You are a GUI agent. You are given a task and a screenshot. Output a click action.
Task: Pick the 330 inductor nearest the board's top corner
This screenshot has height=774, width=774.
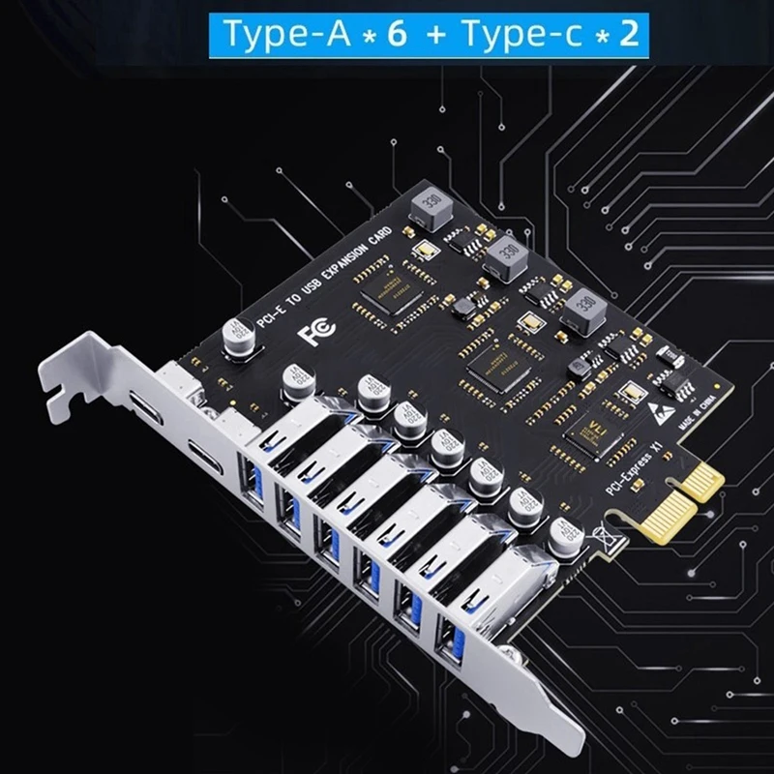tap(427, 205)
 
